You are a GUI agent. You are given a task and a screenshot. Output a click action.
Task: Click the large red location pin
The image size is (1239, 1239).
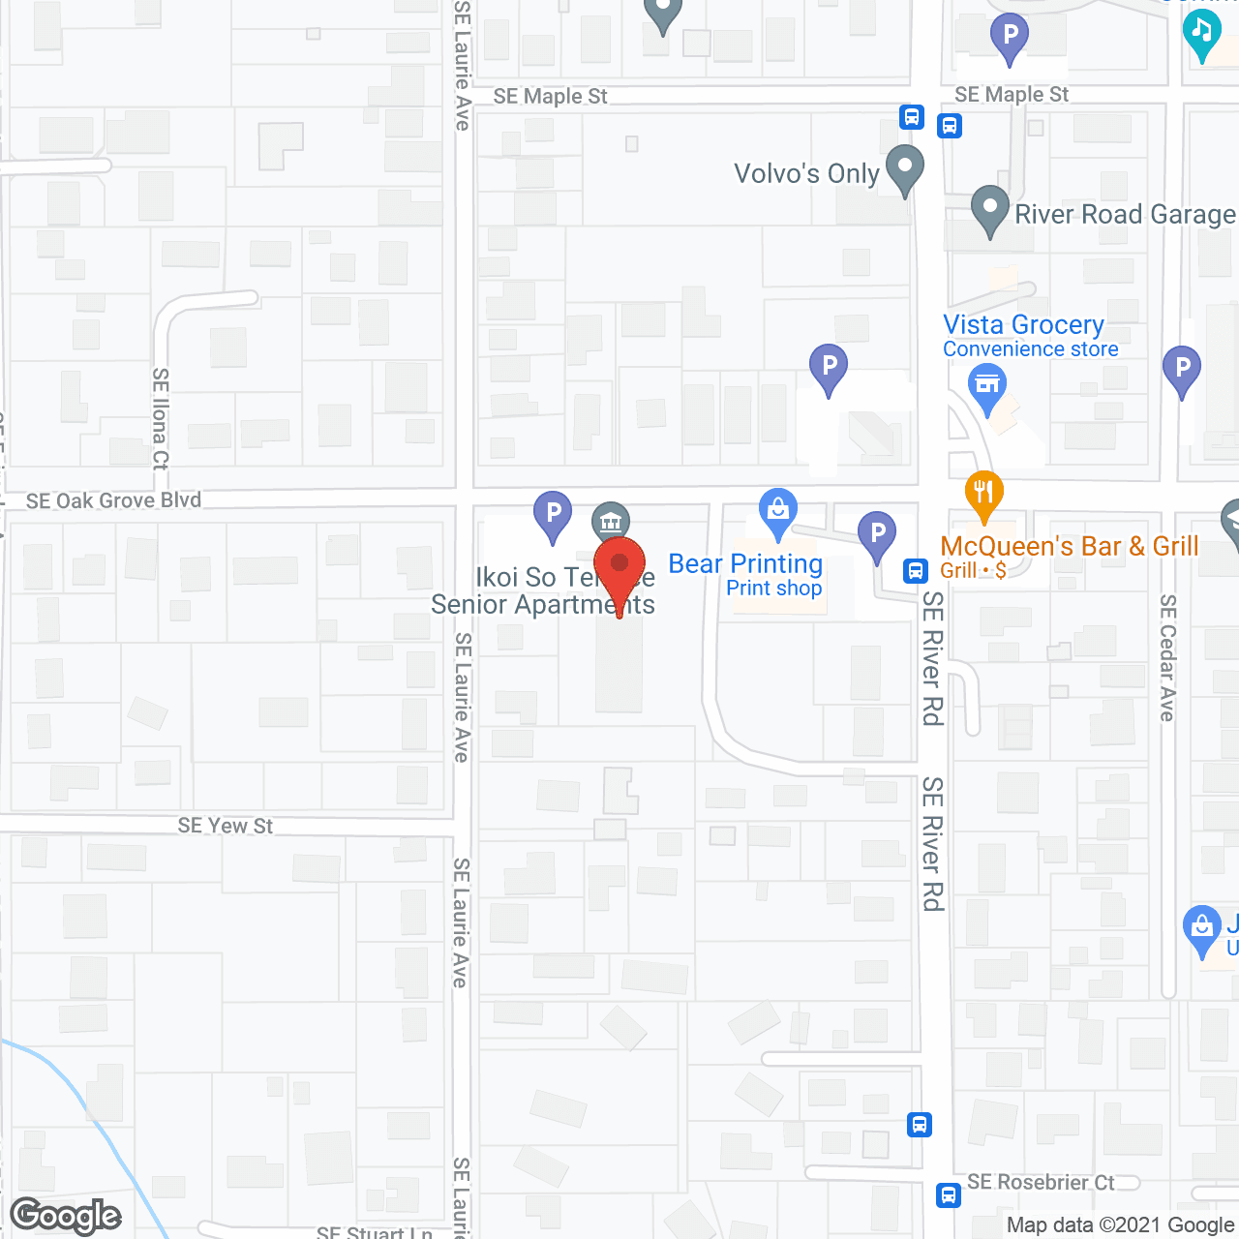coord(619,571)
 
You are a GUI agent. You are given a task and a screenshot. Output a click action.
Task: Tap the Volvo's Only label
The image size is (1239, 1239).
coord(806,174)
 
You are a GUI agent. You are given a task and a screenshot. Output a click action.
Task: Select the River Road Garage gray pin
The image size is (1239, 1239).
coord(989,209)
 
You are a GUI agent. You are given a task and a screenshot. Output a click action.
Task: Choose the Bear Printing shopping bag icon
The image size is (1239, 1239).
coord(777,512)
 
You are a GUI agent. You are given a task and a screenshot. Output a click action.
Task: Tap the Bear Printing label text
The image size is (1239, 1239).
coord(745,564)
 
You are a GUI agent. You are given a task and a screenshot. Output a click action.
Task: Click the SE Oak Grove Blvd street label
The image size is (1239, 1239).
coord(114,500)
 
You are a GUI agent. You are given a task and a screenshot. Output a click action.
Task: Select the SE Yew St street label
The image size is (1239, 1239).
coord(226,826)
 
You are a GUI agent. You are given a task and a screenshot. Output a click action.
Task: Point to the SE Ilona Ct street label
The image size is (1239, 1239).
coord(161,418)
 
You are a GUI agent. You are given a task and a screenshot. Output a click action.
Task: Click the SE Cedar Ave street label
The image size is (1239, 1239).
coord(1168,658)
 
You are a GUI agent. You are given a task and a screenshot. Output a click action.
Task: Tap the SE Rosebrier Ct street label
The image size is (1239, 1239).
coord(1041,1182)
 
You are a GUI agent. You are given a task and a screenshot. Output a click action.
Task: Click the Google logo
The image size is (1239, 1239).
coord(66,1216)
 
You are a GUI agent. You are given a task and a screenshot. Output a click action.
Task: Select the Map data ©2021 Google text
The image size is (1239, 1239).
coord(1121,1225)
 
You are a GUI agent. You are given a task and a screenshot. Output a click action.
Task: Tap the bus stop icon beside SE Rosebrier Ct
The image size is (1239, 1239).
coord(949,1194)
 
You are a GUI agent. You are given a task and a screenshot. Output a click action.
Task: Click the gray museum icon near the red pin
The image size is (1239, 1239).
coord(610,523)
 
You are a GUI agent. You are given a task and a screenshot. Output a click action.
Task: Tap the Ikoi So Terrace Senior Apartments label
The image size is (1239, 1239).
coord(543,591)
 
